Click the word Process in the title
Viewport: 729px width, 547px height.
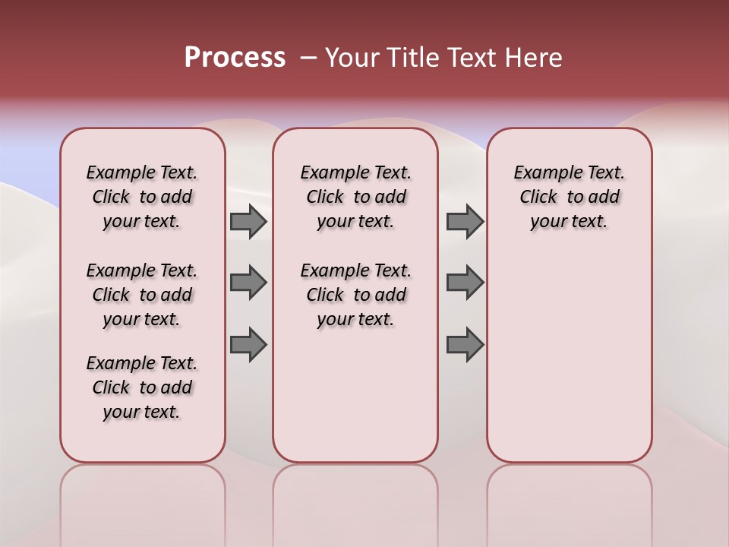pyautogui.click(x=235, y=58)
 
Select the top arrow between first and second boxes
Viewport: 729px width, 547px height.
pyautogui.click(x=248, y=222)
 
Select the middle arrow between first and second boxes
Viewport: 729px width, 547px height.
pyautogui.click(x=248, y=283)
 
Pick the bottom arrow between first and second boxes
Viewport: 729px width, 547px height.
pyautogui.click(x=248, y=344)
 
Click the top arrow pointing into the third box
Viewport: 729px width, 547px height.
pyautogui.click(x=465, y=222)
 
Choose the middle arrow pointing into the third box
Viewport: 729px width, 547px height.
pyautogui.click(x=465, y=283)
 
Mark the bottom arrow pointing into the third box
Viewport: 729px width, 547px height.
pyautogui.click(x=465, y=344)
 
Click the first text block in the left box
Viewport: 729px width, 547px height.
pyautogui.click(x=142, y=197)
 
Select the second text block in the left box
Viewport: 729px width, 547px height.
pyautogui.click(x=142, y=295)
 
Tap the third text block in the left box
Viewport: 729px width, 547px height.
pyautogui.click(x=142, y=387)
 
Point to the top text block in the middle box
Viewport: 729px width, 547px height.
pyautogui.click(x=355, y=197)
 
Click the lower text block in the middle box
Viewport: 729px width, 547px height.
pyautogui.click(x=355, y=295)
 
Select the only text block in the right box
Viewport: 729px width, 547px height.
pyautogui.click(x=569, y=197)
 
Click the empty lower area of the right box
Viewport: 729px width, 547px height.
pyautogui.click(x=569, y=357)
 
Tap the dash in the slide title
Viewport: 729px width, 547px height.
pyautogui.click(x=308, y=58)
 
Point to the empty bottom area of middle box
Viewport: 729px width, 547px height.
pyautogui.click(x=355, y=403)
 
